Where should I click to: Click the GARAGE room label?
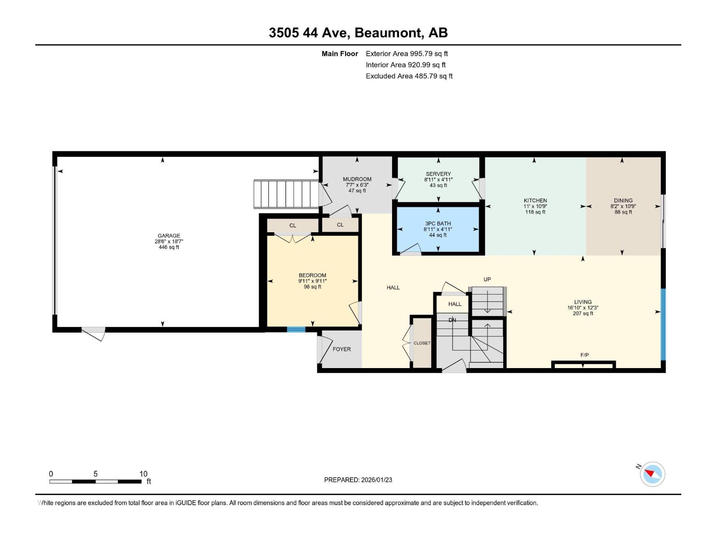coord(169,236)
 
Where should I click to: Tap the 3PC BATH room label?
coord(438,224)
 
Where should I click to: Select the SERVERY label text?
coord(438,174)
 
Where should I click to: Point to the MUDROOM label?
coord(357,179)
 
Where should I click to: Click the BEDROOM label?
coord(312,275)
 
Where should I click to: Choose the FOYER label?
coord(341,349)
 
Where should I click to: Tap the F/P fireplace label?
coord(584,355)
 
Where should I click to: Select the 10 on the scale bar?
coord(143,474)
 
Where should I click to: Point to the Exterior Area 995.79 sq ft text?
coord(406,54)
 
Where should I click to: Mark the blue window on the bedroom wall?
coord(296,330)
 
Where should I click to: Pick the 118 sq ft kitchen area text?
coord(536,212)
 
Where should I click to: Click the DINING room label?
coord(623,201)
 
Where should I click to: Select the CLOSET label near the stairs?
coord(422,343)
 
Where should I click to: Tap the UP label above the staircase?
coord(487,279)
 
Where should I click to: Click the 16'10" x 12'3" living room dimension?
coord(583,308)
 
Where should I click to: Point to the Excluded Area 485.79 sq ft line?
coord(409,76)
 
